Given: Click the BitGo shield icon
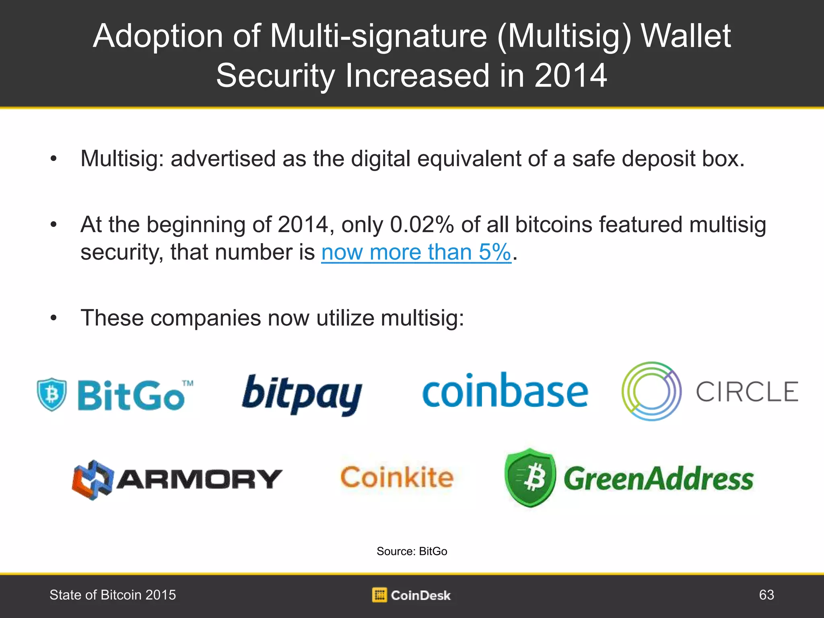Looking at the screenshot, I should [51, 394].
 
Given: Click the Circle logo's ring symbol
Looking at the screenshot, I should [651, 391].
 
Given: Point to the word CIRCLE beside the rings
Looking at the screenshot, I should [747, 392].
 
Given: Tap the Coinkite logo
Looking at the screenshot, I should [397, 478].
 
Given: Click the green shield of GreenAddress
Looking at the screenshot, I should [530, 478].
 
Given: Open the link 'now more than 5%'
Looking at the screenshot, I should [416, 252].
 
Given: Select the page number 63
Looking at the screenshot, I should [766, 595].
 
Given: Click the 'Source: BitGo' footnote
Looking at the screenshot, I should [412, 551].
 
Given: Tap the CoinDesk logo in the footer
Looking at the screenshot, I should [411, 595].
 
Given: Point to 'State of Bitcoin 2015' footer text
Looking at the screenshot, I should [113, 595].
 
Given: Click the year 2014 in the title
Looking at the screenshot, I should [571, 76].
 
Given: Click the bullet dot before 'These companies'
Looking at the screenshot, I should [54, 318].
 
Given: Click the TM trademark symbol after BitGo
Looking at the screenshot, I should [187, 383].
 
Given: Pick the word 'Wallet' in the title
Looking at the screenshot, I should [686, 36].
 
